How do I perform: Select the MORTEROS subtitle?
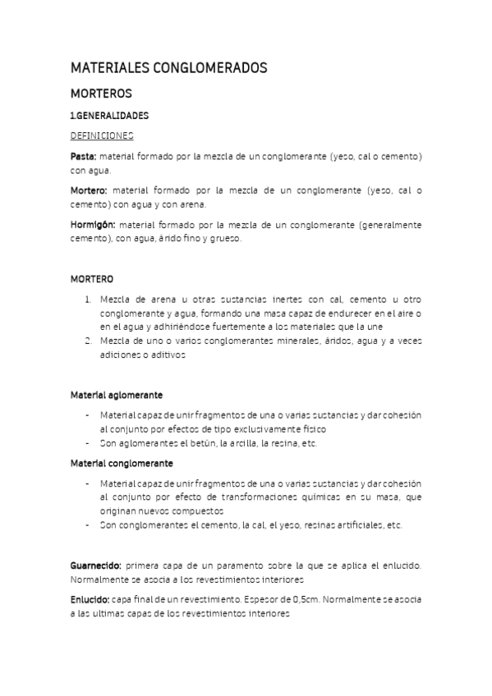tap(101, 94)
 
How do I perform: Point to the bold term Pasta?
tap(83, 155)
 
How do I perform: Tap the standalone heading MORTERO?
tap(92, 279)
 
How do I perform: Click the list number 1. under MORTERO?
tap(88, 300)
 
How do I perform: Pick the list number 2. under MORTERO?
tap(88, 340)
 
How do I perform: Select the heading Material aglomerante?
tap(116, 395)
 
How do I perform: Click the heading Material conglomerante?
tap(121, 463)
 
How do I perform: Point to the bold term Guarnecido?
tap(97, 565)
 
